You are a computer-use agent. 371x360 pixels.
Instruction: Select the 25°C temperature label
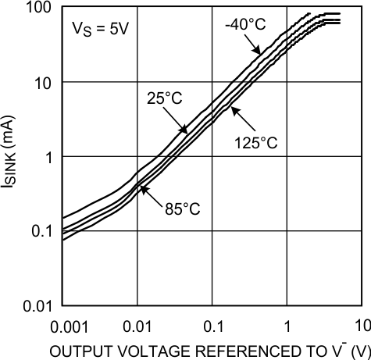click(x=163, y=98)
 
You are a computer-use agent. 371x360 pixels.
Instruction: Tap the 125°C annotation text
click(x=256, y=142)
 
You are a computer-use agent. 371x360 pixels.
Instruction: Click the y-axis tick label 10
click(x=42, y=82)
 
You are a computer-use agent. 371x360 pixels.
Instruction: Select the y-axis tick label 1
click(x=47, y=157)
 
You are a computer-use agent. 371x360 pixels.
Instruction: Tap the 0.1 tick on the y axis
click(x=40, y=231)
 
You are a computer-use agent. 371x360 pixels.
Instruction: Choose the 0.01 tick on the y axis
click(x=37, y=305)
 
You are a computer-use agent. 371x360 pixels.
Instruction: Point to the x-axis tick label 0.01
click(x=137, y=324)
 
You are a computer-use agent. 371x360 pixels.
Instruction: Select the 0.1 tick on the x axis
click(x=212, y=324)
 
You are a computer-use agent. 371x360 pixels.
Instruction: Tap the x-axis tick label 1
click(x=287, y=324)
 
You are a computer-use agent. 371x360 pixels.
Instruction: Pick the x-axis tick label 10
click(x=360, y=324)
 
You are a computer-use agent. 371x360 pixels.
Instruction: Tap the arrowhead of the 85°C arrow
click(x=141, y=186)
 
